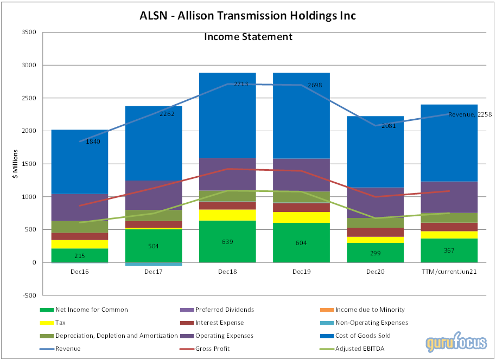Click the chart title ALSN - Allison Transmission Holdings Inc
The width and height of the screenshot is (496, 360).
248,15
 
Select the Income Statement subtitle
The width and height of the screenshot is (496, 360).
248,37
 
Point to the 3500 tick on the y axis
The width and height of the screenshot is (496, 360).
28,33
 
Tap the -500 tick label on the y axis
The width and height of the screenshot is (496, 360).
29,295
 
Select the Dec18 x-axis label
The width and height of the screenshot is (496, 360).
227,271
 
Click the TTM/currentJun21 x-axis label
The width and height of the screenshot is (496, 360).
449,271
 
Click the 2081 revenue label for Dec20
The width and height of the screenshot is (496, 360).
387,126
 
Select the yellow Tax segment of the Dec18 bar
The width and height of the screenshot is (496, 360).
227,215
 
